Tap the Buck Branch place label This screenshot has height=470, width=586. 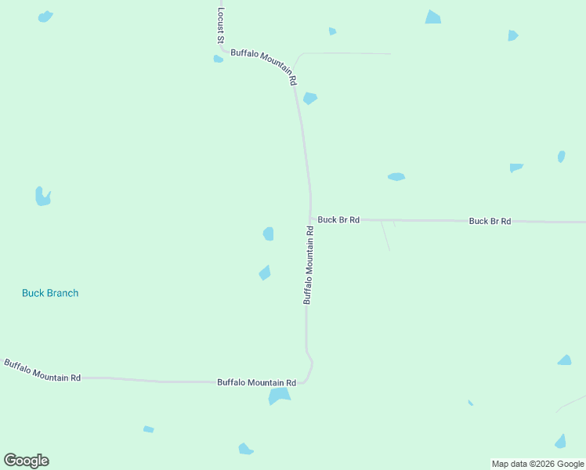click(x=50, y=293)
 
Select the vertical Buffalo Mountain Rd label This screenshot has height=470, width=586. click(x=309, y=265)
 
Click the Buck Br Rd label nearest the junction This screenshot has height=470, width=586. click(x=338, y=220)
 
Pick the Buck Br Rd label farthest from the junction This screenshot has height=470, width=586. click(x=490, y=221)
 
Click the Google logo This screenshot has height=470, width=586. click(x=27, y=461)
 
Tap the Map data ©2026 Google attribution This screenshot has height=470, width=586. click(x=538, y=464)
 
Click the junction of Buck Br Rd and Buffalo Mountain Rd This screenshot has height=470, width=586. click(x=311, y=219)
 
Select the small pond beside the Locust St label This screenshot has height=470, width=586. click(x=218, y=59)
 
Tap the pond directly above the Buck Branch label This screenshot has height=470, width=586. click(x=42, y=197)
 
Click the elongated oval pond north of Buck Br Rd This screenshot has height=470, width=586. click(x=396, y=177)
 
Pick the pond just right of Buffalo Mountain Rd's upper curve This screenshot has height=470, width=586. click(x=310, y=99)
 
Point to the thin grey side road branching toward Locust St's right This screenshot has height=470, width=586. click(x=345, y=53)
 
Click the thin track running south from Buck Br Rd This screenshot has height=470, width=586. click(x=385, y=235)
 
